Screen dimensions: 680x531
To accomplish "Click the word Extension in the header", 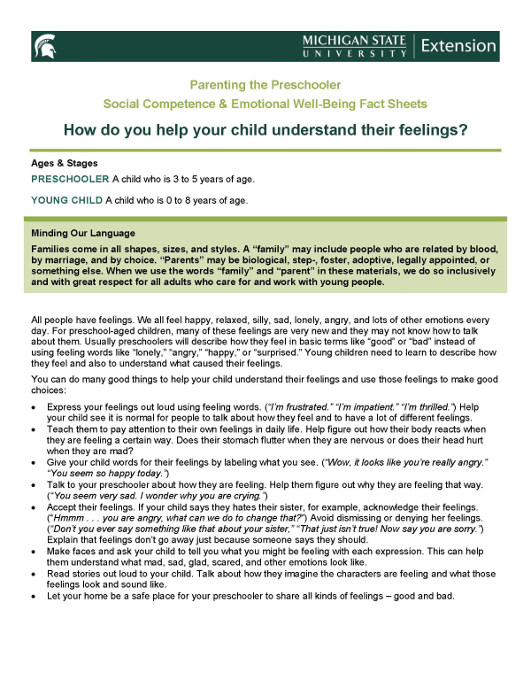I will (x=458, y=45).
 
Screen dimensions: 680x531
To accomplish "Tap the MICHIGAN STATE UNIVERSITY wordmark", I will (x=354, y=46).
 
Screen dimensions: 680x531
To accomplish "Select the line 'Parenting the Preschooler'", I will (x=265, y=84).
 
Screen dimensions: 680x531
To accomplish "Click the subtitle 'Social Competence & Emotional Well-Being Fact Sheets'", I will (x=265, y=103).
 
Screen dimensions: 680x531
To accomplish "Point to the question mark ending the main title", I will (x=464, y=129).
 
